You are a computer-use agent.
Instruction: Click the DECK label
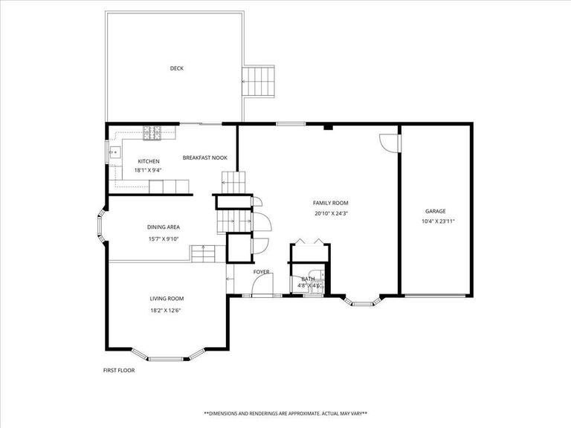pos(176,68)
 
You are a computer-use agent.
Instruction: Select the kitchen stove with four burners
pos(154,133)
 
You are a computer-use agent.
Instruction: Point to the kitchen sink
pos(114,152)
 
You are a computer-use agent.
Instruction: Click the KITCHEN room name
pos(149,161)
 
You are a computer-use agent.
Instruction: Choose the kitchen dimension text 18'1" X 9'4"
pos(149,170)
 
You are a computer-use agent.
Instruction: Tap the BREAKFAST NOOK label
pos(205,158)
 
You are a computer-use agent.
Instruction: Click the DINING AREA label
pos(164,227)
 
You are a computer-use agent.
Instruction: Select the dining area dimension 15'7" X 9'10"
pos(164,239)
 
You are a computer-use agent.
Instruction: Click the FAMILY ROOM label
pos(330,203)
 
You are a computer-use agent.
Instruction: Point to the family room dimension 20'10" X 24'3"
pos(330,213)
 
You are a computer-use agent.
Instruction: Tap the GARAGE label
pos(435,211)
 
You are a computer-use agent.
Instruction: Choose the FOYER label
pos(261,272)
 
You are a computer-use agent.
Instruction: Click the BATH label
pos(307,279)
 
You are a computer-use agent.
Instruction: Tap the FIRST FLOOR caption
pos(119,369)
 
